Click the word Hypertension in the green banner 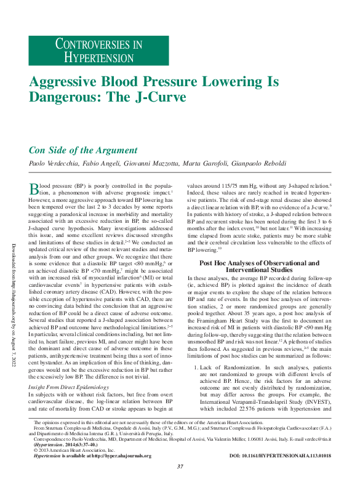[98, 57]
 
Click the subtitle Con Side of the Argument [83, 150]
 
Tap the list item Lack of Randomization [237, 367]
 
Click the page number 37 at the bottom [180, 467]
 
